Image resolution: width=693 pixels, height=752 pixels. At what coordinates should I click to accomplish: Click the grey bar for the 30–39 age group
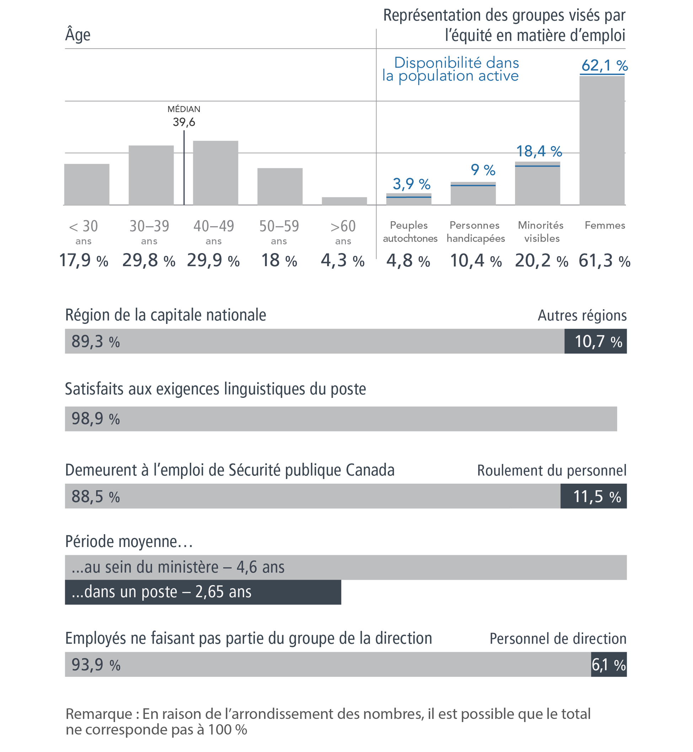(x=151, y=175)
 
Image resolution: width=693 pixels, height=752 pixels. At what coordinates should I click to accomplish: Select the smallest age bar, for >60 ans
(x=344, y=201)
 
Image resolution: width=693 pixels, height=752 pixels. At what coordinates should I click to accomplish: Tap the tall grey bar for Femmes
(x=602, y=141)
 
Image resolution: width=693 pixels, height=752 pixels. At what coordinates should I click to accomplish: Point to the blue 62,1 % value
(x=604, y=66)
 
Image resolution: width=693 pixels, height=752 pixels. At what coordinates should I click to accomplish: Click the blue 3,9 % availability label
(x=412, y=184)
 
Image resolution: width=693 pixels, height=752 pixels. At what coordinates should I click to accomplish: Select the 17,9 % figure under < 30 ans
(x=84, y=260)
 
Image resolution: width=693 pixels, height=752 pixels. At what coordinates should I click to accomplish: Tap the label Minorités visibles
(x=541, y=231)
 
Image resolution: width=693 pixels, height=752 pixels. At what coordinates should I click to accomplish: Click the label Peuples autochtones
(x=410, y=231)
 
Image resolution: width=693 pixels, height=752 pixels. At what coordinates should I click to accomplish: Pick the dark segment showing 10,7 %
(x=596, y=341)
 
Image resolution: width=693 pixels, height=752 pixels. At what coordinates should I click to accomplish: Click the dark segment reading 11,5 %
(x=593, y=496)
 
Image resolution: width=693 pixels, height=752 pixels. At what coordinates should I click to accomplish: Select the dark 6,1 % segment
(x=609, y=665)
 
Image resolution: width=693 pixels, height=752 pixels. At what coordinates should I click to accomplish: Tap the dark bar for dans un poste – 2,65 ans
(x=203, y=592)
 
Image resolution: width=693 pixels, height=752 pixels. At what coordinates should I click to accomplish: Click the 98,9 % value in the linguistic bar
(x=96, y=419)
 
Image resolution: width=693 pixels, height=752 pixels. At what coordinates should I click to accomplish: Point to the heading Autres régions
(x=582, y=316)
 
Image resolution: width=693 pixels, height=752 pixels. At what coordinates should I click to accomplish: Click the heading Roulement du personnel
(x=552, y=470)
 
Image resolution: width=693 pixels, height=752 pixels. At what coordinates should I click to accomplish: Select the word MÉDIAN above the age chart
(x=184, y=109)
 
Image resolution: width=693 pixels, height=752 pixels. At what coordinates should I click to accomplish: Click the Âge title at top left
(x=78, y=34)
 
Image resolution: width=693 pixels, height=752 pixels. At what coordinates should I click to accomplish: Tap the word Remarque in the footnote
(x=99, y=714)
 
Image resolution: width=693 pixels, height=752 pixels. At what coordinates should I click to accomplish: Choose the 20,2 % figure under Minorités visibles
(x=541, y=260)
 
